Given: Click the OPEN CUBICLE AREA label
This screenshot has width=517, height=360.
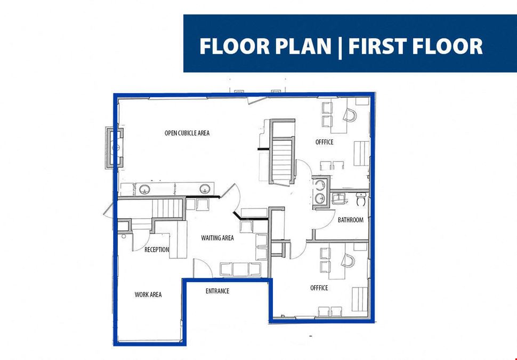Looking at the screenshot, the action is click(187, 133).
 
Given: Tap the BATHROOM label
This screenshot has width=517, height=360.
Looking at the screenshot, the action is click(351, 220).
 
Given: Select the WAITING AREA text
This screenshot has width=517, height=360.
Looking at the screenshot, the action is click(217, 238).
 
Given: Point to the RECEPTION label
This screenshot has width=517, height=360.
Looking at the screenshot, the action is click(157, 250).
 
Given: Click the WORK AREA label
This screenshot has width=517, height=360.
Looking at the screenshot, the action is click(148, 294).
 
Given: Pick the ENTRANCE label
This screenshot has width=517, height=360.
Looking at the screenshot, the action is click(217, 291).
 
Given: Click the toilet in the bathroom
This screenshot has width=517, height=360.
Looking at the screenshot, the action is click(361, 199).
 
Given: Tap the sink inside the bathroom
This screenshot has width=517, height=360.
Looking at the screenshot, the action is click(338, 198).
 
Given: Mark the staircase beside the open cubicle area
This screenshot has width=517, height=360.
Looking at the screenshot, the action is click(282, 160).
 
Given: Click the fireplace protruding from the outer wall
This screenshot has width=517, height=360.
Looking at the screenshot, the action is click(115, 148).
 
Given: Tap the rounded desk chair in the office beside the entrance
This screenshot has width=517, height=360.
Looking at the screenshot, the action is click(348, 261).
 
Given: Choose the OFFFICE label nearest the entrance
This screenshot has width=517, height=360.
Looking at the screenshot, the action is click(319, 288).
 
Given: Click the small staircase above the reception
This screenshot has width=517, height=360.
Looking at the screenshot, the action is click(167, 208).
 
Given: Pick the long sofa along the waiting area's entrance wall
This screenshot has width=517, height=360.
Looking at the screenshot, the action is click(240, 269).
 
